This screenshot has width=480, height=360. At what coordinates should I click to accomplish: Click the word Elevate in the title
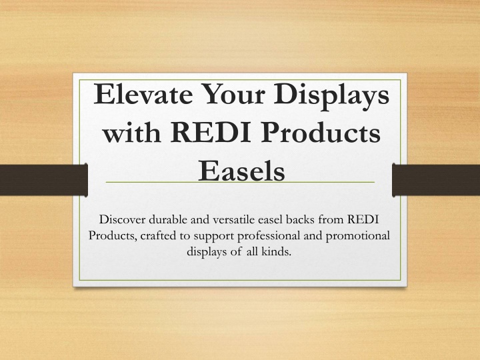pyautogui.click(x=143, y=94)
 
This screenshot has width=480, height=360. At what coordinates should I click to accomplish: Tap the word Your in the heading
pyautogui.click(x=233, y=94)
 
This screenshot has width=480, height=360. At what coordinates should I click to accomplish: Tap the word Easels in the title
pyautogui.click(x=241, y=170)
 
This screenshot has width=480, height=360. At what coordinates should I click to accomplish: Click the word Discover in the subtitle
pyautogui.click(x=122, y=219)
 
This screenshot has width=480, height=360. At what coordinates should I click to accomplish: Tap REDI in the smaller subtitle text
pyautogui.click(x=363, y=219)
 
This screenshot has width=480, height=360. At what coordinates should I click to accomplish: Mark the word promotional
pyautogui.click(x=357, y=237)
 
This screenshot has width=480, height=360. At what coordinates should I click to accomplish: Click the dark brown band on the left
pyautogui.click(x=44, y=180)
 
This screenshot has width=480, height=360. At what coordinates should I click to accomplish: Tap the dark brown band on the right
pyautogui.click(x=436, y=180)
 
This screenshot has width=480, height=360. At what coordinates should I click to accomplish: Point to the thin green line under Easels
pyautogui.click(x=240, y=182)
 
